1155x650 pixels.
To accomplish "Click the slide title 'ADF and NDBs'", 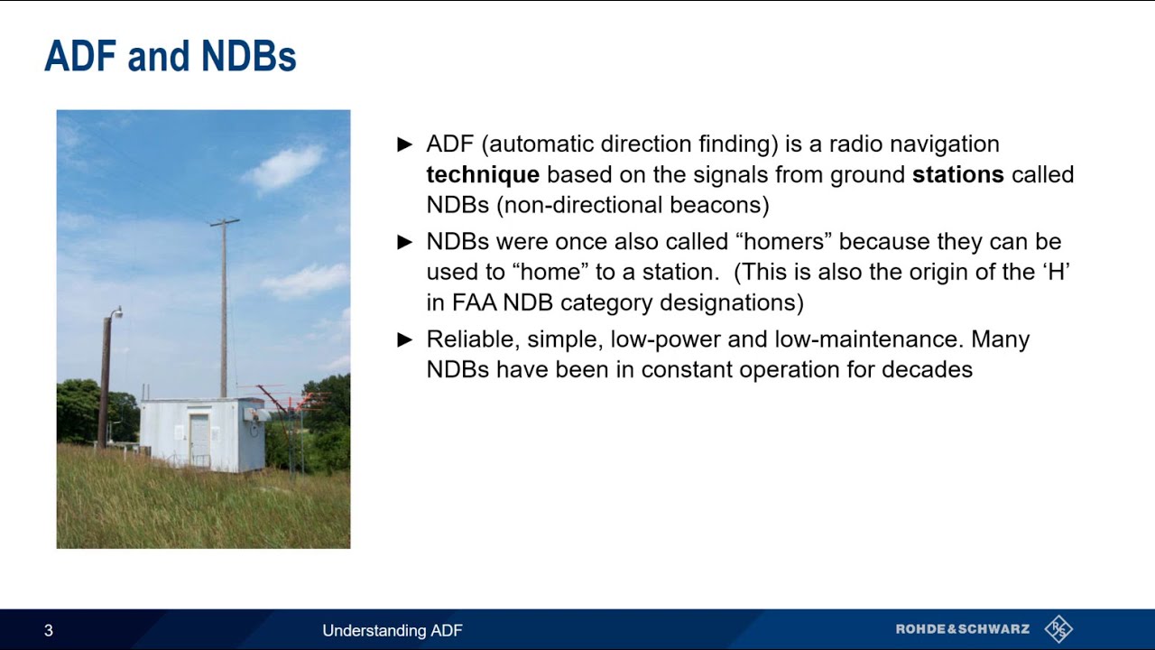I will [170, 57].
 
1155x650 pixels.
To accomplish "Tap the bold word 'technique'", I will [483, 174].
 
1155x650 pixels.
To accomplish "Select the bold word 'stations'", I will [957, 174].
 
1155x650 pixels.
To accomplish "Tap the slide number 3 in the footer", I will [49, 630].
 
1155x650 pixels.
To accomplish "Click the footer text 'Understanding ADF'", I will [393, 630].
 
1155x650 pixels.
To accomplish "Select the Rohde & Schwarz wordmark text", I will [962, 629].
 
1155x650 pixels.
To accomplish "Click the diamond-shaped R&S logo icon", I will [1058, 629].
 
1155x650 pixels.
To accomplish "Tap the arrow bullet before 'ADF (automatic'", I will [405, 144].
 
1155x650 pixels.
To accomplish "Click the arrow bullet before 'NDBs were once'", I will [405, 242].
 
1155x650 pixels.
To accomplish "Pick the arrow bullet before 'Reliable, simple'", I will [405, 339].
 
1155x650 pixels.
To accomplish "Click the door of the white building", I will [199, 440].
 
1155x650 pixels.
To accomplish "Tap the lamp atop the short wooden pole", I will [116, 312].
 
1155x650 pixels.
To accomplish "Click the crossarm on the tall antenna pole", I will [225, 221].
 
